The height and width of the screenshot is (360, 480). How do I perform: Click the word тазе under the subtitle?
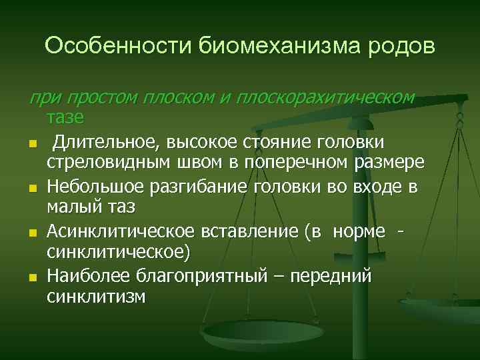(65, 118)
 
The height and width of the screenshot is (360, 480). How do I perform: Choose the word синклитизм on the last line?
(95, 297)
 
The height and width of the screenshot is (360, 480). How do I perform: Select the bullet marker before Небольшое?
(31, 189)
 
